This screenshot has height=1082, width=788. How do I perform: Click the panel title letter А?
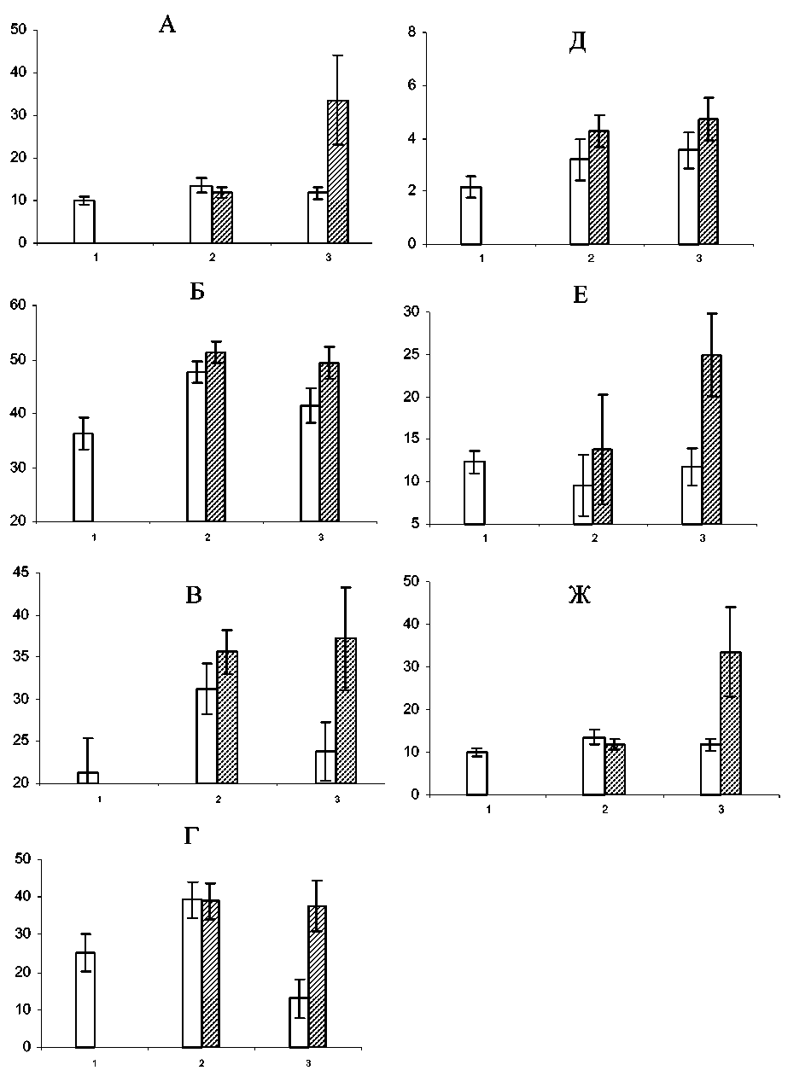point(167,25)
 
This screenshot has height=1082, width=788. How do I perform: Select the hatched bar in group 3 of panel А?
point(338,172)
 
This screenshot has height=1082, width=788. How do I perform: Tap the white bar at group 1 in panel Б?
point(83,477)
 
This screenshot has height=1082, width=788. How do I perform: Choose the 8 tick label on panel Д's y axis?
point(412,32)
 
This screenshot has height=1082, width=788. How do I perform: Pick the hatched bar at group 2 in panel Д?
point(598,187)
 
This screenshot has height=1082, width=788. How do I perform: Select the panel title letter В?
point(194,596)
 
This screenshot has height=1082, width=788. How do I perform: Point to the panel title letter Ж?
point(580,596)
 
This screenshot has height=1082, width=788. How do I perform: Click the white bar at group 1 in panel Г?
point(85,999)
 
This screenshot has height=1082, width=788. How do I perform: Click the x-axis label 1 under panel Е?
point(485,538)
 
